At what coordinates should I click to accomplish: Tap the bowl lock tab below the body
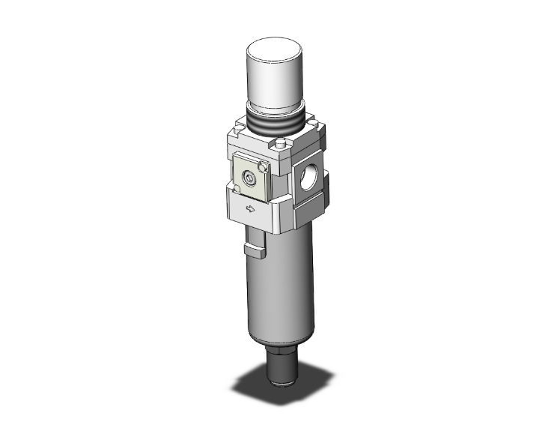pyautogui.click(x=254, y=244)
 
